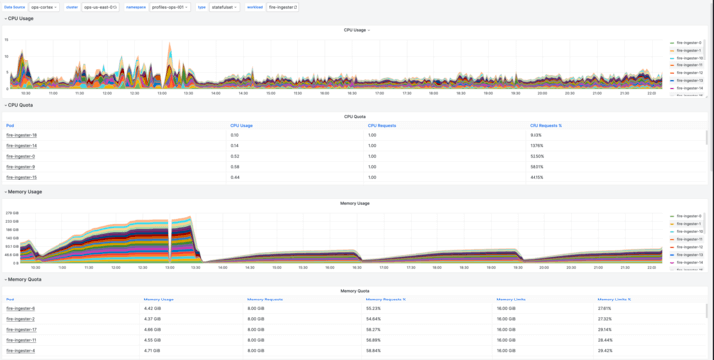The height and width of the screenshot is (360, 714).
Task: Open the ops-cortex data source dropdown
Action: [x=44, y=7]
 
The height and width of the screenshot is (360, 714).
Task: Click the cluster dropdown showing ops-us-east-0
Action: [x=100, y=7]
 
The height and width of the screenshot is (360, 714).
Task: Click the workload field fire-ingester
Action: [x=283, y=7]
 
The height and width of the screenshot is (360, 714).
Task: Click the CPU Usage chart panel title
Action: [x=355, y=30]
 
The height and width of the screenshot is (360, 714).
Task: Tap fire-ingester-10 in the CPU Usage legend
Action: [x=689, y=58]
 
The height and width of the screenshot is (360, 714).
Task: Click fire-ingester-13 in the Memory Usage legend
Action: [x=689, y=255]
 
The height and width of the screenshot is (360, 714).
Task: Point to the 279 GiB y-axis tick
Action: [x=12, y=213]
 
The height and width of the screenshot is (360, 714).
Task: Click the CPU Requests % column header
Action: [x=545, y=126]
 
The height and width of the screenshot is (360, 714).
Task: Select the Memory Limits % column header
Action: [x=614, y=299]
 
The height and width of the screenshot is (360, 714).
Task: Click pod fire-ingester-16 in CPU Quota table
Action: [x=21, y=135]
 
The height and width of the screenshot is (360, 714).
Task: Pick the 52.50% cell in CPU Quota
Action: [x=536, y=156]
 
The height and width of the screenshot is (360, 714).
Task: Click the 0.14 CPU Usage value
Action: [x=235, y=146]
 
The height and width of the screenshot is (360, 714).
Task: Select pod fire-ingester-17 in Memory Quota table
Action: [x=21, y=329]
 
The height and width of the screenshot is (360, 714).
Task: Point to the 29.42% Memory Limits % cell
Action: [x=605, y=350]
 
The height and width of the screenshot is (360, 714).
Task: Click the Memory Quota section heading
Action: [x=24, y=279]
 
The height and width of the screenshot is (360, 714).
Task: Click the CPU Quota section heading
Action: [x=21, y=105]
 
